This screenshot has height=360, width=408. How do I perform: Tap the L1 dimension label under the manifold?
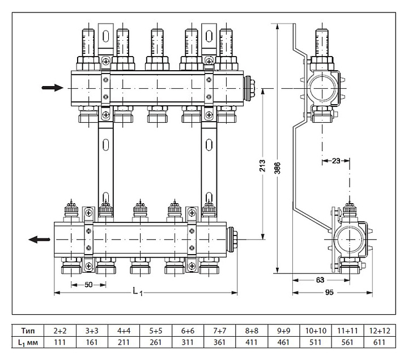point(137,292)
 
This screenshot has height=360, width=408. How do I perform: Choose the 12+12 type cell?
point(378,330)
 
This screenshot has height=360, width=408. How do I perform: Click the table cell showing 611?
point(378,342)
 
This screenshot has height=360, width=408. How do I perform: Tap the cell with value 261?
point(155,342)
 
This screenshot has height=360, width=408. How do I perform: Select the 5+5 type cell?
point(155,330)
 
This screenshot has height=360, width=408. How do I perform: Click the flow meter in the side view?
point(321,42)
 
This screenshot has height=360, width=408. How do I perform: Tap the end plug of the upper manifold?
point(248,88)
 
